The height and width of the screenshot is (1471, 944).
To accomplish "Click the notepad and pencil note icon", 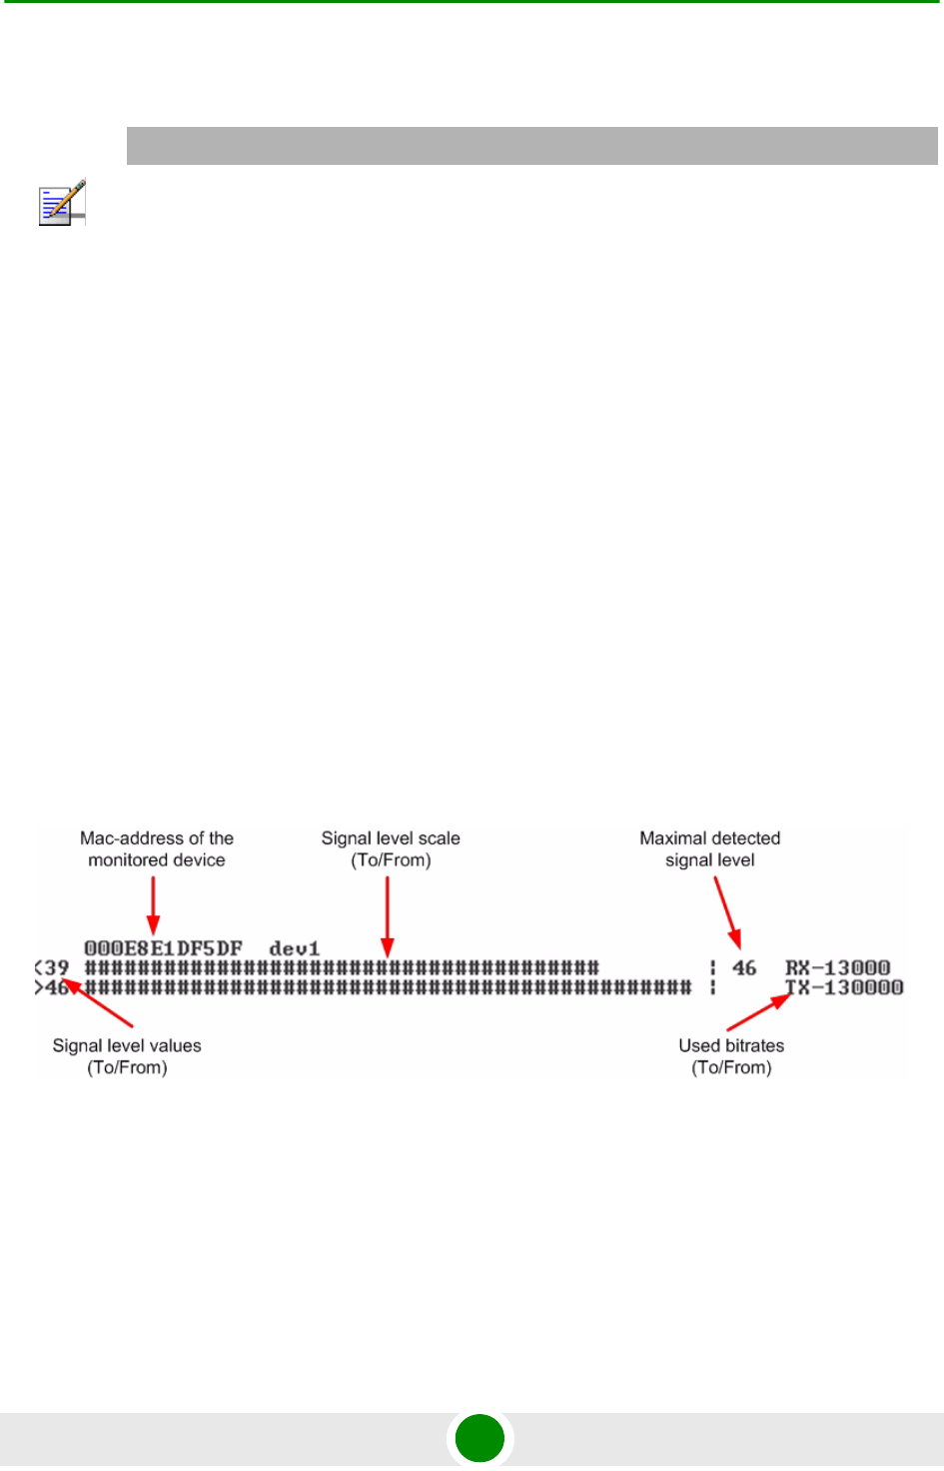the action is [62, 202].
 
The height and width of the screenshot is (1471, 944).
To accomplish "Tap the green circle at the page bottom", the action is [479, 1439].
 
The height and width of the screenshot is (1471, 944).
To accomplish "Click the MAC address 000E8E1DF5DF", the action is [163, 948].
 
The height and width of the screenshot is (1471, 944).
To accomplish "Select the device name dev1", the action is [295, 948].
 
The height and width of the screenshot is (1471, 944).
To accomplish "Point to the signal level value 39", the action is [57, 968].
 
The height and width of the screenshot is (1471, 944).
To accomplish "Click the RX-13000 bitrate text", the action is [837, 967].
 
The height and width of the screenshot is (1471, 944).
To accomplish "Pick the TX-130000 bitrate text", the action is [844, 987].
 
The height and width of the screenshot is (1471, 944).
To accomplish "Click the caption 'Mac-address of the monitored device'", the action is [157, 849].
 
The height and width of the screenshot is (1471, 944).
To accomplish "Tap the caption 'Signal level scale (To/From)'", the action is [391, 849].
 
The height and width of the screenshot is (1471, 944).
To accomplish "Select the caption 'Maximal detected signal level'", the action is [710, 849].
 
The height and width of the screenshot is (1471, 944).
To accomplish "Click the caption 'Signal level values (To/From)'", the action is [127, 1056].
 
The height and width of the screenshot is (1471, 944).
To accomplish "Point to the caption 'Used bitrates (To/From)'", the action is [731, 1056].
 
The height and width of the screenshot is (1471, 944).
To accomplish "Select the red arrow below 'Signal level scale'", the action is [388, 915].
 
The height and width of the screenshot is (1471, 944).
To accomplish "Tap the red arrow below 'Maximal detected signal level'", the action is [726, 911].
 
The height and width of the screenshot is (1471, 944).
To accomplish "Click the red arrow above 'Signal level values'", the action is [98, 1005].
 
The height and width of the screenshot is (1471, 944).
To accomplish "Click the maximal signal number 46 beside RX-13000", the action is [744, 967].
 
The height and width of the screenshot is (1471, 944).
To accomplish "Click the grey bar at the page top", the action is [531, 146].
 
